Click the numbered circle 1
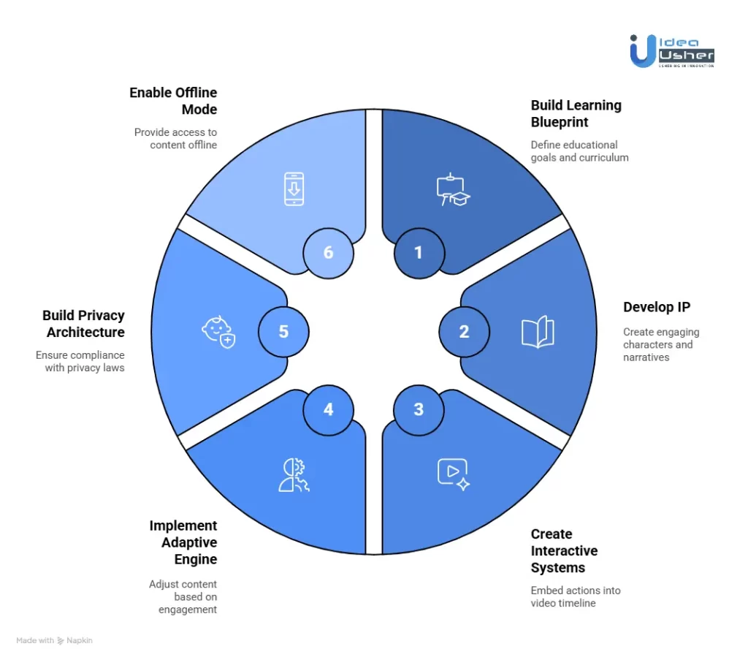419,253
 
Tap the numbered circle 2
464,332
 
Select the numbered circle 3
419,409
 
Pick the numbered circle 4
328,409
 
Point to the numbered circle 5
283,332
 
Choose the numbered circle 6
328,253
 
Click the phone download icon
294,188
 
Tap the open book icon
538,332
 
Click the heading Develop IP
656,307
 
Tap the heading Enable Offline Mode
173,101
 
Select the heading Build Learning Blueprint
576,113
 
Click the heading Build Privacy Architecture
83,324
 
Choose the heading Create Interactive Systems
564,550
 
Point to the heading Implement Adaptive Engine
183,542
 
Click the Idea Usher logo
671,51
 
